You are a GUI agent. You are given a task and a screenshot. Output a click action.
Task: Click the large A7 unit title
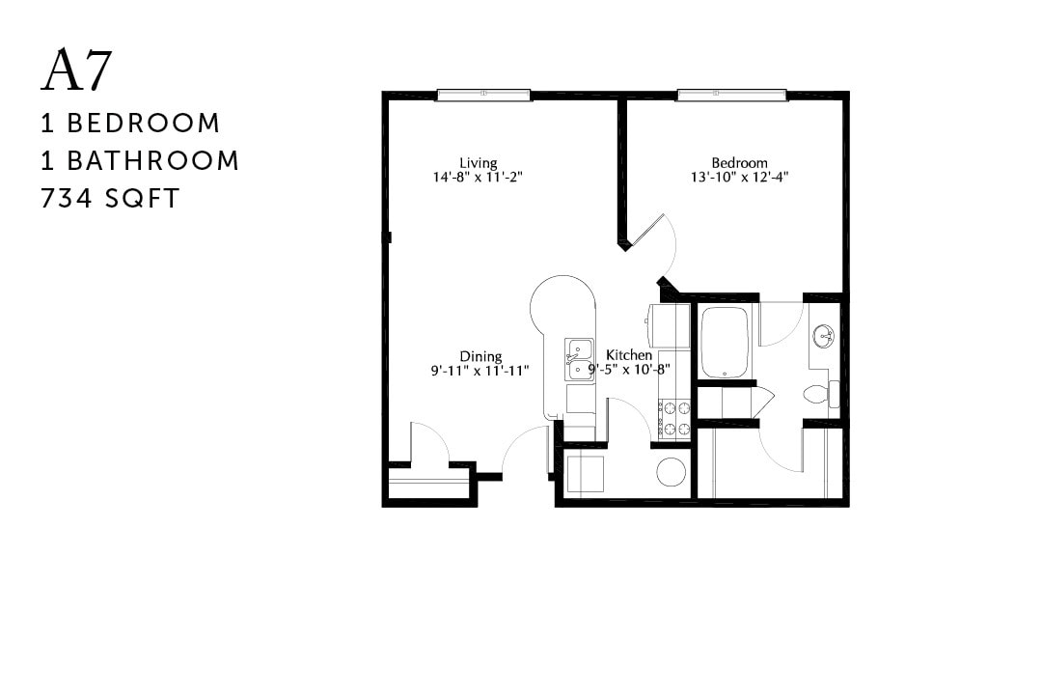tap(77, 70)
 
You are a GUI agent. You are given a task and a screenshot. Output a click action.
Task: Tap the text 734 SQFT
tap(110, 198)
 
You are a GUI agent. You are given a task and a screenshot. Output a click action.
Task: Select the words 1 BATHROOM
tap(140, 160)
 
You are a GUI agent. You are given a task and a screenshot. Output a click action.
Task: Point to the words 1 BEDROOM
tap(130, 124)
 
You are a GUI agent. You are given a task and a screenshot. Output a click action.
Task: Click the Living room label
tap(478, 162)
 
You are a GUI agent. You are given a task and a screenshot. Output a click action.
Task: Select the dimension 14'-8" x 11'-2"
tap(479, 177)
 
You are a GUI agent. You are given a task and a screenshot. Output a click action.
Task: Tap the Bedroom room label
tap(740, 162)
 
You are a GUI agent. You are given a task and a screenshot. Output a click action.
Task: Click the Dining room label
tap(480, 356)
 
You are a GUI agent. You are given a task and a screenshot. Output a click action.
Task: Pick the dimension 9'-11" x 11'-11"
tap(480, 370)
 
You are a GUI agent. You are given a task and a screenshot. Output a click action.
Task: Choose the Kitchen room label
tap(629, 355)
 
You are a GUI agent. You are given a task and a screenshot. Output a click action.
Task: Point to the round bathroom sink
tap(823, 337)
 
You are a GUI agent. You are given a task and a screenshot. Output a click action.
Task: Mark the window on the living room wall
tap(483, 95)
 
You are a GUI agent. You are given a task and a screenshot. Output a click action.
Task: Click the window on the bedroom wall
tap(731, 95)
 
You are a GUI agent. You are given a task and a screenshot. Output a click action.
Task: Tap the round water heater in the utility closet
tap(671, 472)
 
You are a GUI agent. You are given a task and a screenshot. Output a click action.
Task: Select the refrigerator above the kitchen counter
tap(670, 325)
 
